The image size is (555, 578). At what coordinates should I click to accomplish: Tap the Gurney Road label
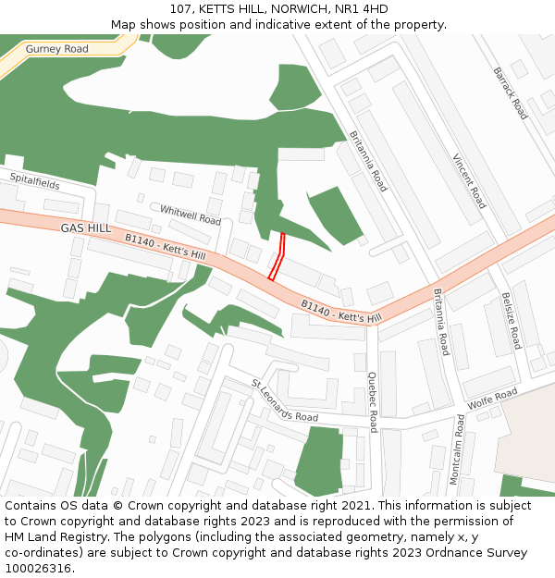coord(57,49)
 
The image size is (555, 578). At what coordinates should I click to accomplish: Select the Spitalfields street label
coord(35,180)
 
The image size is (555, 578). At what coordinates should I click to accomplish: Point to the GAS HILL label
coord(86,228)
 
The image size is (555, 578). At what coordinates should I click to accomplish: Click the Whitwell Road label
coord(191,215)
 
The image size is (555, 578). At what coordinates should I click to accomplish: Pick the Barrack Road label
coord(510,92)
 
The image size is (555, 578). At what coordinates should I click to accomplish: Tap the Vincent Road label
coord(469,181)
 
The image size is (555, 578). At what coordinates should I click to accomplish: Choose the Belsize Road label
coord(512,320)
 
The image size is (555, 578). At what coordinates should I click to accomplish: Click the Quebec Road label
coord(373,402)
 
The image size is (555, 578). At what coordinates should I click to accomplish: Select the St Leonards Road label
coord(285,400)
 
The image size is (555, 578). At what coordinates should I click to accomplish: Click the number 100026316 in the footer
coord(36,568)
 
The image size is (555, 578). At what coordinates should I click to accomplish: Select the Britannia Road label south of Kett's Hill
coord(441,322)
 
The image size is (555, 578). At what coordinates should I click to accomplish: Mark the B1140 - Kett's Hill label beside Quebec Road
coord(340,311)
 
